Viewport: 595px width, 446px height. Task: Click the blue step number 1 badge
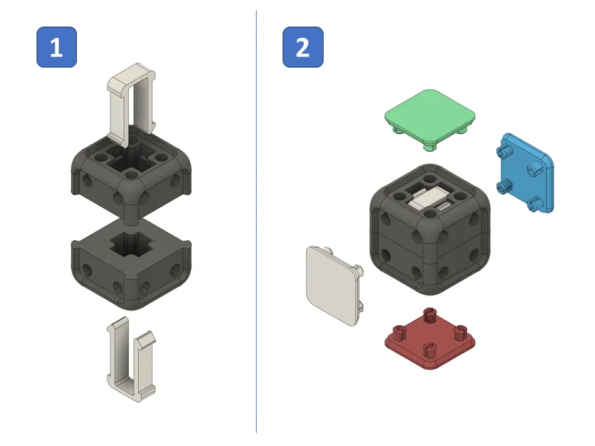56,47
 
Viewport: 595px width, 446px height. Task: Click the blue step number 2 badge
302,47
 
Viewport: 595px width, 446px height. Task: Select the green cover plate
430,112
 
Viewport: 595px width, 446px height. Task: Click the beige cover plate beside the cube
332,284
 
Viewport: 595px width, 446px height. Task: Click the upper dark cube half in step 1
130,170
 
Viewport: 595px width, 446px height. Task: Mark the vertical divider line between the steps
256,223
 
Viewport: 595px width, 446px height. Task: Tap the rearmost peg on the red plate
428,312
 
